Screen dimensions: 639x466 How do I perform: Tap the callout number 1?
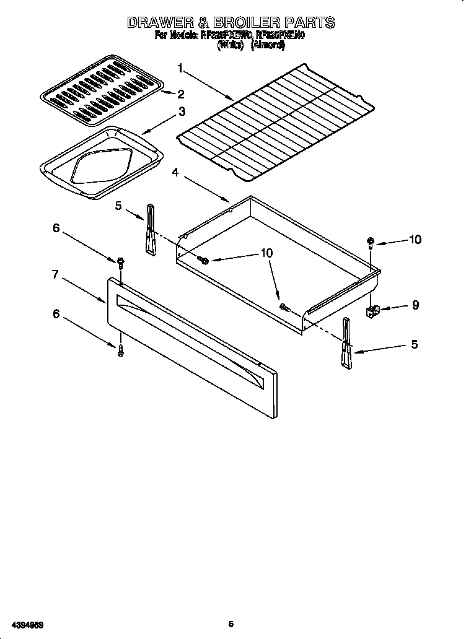click(x=180, y=68)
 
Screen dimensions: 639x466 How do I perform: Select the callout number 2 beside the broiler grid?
click(x=181, y=94)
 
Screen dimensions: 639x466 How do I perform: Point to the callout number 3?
click(x=182, y=111)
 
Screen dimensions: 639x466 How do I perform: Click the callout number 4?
click(x=175, y=173)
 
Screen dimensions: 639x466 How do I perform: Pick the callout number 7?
click(x=55, y=274)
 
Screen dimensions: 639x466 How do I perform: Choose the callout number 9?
click(x=415, y=305)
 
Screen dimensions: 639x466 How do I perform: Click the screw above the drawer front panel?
click(x=120, y=262)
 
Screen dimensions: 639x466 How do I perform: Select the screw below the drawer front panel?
click(x=120, y=350)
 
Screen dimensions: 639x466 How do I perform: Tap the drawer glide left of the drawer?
click(x=151, y=229)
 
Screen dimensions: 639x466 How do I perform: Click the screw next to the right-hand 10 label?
click(x=371, y=241)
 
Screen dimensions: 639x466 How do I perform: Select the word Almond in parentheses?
click(x=267, y=46)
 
